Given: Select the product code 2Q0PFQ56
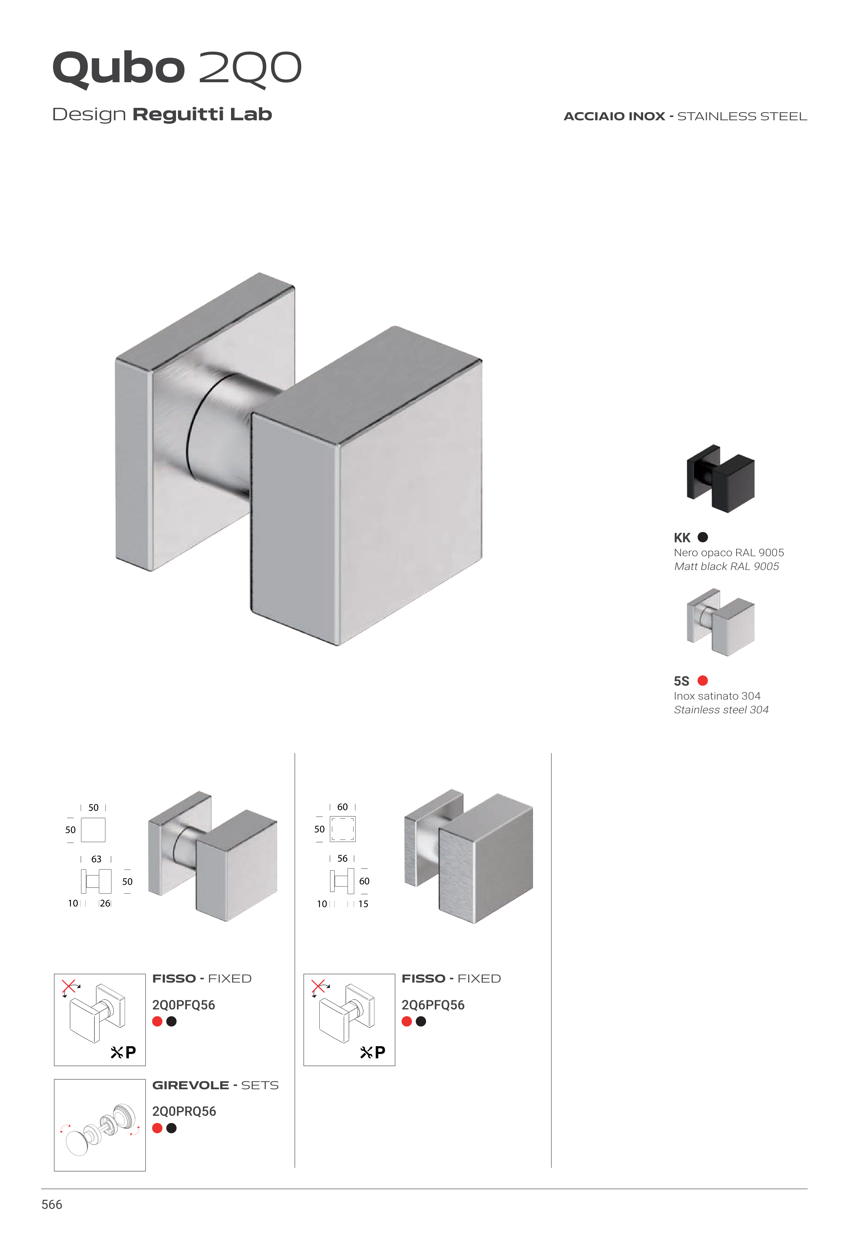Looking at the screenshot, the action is (x=183, y=1005).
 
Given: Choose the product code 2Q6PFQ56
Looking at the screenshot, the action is (x=433, y=1005).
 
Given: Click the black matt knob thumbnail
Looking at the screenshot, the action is (x=720, y=478).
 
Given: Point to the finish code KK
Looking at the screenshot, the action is (x=682, y=538).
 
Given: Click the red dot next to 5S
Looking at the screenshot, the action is (x=703, y=680).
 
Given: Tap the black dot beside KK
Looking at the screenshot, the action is (x=703, y=537).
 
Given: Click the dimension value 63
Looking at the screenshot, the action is (x=96, y=859).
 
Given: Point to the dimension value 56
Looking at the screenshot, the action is (x=342, y=859).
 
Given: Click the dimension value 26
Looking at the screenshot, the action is (x=105, y=903).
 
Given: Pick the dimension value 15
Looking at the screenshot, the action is (x=363, y=904).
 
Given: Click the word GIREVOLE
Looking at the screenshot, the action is (x=191, y=1085).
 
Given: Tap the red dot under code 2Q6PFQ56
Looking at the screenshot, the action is (x=407, y=1021).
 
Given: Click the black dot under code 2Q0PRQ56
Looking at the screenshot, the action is (x=171, y=1128).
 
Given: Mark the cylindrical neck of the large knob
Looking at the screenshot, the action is (x=224, y=436).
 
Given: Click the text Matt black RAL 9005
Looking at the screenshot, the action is (x=727, y=566).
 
